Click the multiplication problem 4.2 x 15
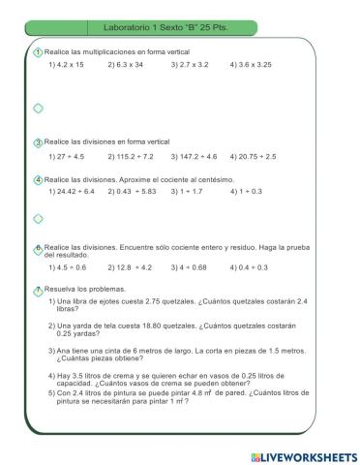(x=66, y=65)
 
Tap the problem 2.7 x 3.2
(x=190, y=65)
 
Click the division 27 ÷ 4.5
(x=66, y=156)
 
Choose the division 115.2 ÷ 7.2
(x=130, y=156)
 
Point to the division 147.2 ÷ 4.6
(x=195, y=156)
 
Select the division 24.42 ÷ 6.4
(x=71, y=192)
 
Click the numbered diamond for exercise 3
(x=38, y=142)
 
